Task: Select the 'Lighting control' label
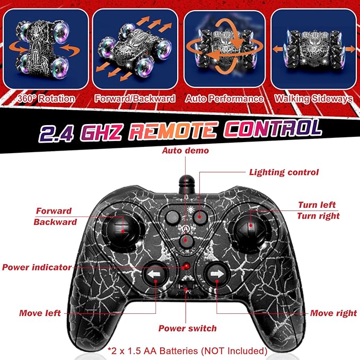click(x=284, y=172)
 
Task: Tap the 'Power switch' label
click(x=187, y=328)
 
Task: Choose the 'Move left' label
click(x=40, y=313)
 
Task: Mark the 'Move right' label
click(x=333, y=313)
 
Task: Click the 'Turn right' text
click(x=318, y=216)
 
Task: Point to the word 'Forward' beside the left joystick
click(x=54, y=211)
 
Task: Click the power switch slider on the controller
click(x=186, y=286)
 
